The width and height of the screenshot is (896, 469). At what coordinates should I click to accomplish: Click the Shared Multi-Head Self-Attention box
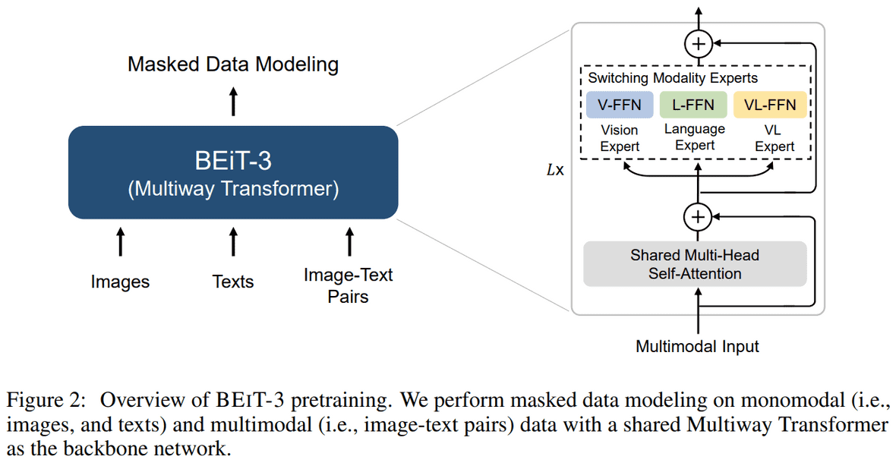coord(694,264)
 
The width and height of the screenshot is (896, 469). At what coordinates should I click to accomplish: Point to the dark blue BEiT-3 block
coord(233,172)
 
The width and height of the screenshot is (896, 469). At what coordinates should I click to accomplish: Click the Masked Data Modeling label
coord(233,65)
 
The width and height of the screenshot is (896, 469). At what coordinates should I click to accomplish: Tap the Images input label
coord(120,282)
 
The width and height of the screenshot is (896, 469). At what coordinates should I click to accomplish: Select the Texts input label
coord(233,282)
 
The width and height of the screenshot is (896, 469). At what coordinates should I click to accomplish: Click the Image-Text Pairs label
coord(348,285)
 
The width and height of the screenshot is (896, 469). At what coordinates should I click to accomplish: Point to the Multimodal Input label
coord(697,347)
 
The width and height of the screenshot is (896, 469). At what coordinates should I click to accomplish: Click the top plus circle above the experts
coord(698,44)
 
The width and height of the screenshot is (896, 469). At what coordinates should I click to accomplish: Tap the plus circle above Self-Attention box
coord(697,218)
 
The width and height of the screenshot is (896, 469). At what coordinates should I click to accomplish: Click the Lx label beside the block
coord(555,171)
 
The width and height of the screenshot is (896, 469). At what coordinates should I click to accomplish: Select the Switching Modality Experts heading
coord(673,78)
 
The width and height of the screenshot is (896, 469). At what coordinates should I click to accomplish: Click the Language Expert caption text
coord(694,137)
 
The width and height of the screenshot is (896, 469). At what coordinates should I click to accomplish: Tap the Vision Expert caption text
coord(619,138)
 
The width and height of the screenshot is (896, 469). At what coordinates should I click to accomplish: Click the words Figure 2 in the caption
coord(47,400)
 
